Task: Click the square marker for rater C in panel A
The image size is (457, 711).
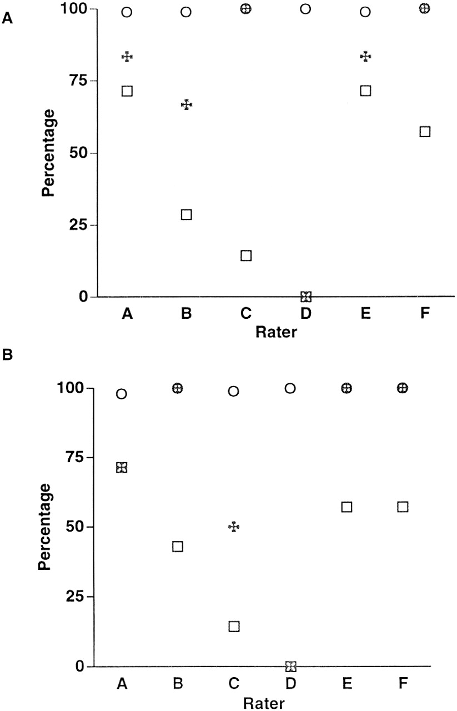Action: click(246, 256)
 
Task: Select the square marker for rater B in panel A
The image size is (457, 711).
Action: click(187, 214)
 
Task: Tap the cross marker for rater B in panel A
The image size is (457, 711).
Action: click(187, 104)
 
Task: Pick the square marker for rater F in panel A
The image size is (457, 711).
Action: click(425, 132)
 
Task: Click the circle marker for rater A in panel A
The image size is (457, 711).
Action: click(127, 12)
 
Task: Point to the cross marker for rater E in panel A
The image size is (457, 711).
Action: click(365, 57)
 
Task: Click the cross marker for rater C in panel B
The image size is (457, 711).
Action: click(234, 527)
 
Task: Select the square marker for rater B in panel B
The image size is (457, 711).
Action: click(178, 547)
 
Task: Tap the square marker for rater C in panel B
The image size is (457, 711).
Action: click(234, 626)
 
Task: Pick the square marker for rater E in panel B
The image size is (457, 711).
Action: click(346, 507)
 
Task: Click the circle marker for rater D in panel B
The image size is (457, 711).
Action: click(290, 388)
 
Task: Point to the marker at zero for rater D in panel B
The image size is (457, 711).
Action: click(290, 666)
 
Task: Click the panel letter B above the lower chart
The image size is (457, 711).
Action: click(8, 354)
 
